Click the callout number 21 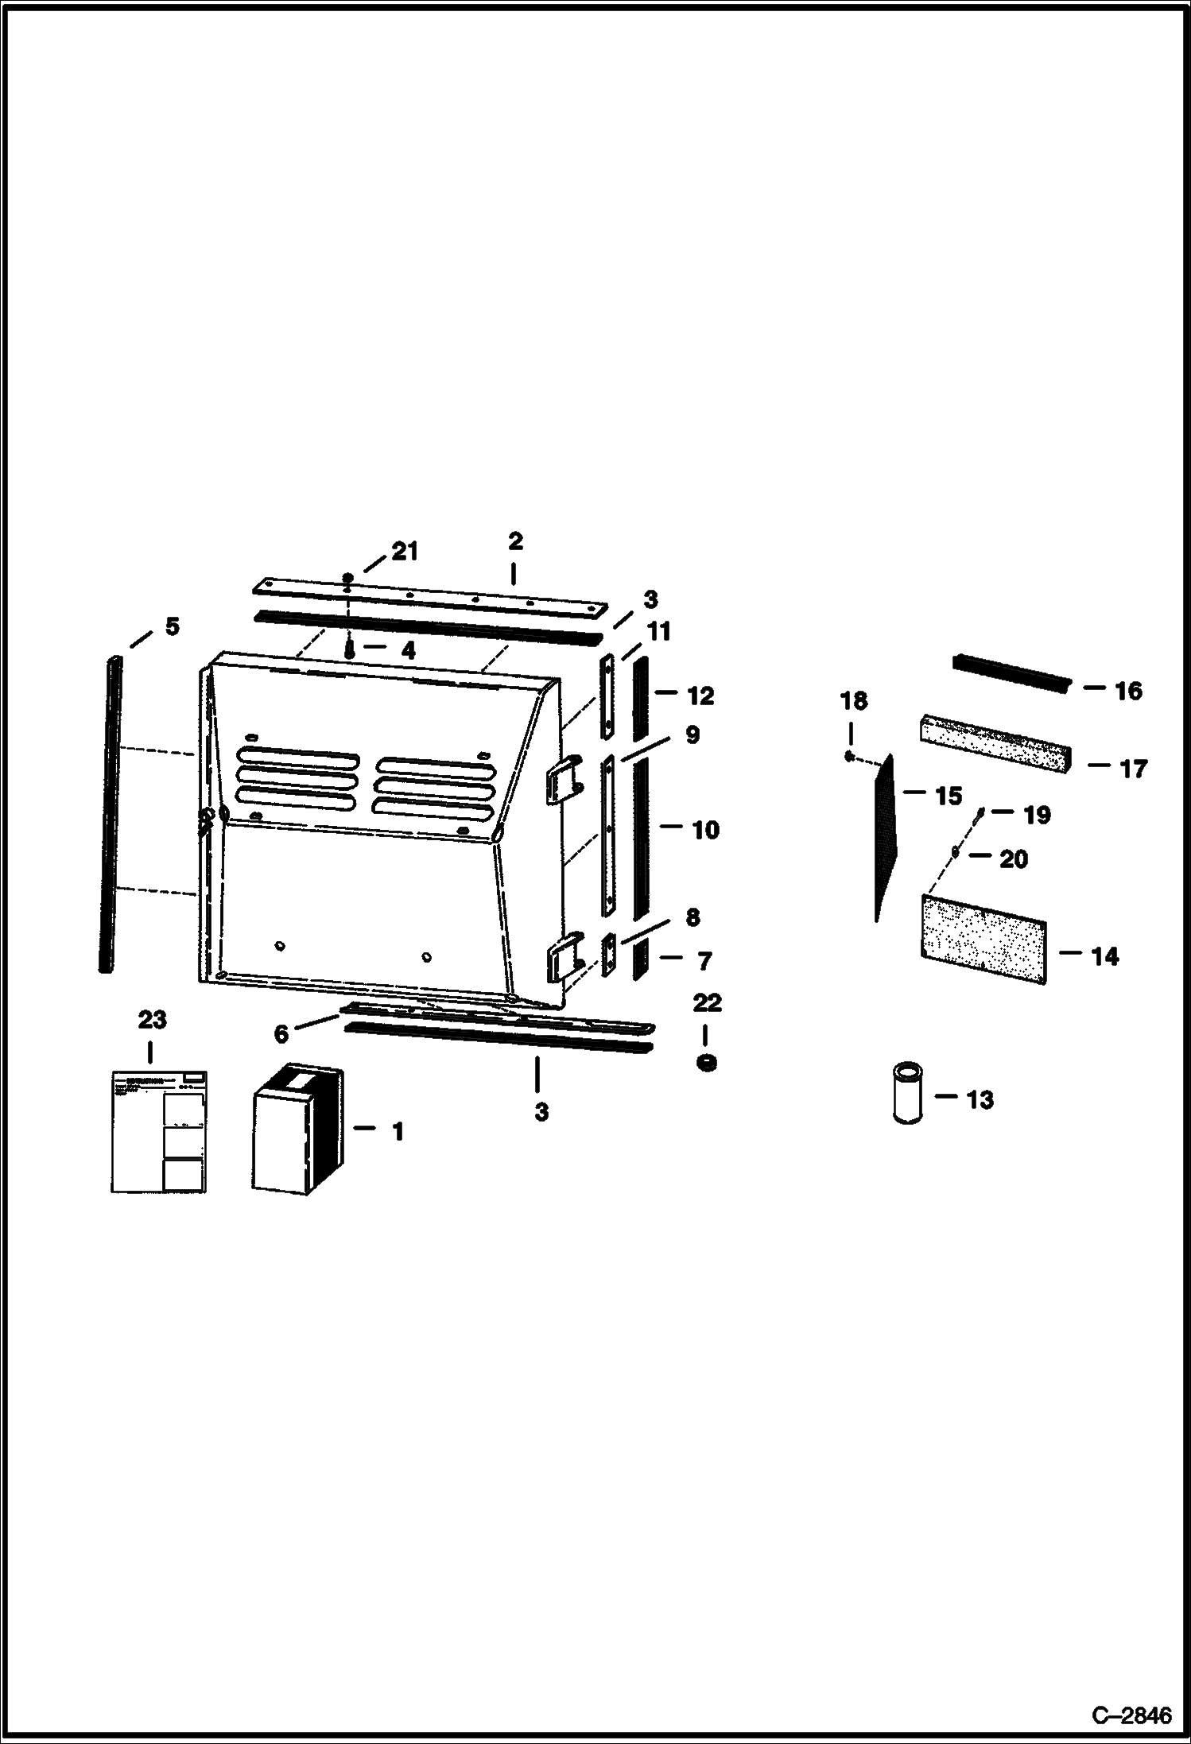405,551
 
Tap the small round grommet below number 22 704,1061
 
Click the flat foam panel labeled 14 983,939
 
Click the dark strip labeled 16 1011,672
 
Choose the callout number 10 705,830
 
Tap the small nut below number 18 849,756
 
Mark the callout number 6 281,1034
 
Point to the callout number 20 1013,859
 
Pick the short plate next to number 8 608,954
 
